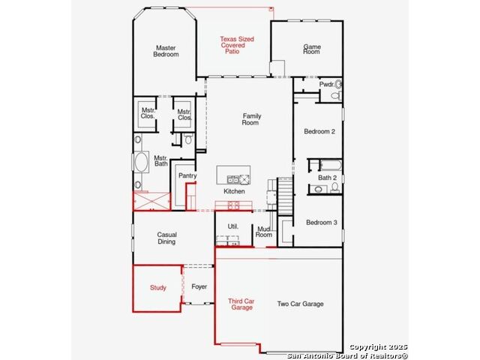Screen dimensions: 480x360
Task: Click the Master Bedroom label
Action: click(x=166, y=51)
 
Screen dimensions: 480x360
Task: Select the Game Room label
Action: click(x=312, y=49)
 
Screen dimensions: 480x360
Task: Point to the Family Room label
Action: click(x=251, y=119)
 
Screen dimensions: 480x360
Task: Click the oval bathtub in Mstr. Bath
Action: click(x=142, y=162)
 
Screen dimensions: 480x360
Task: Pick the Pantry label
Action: click(x=187, y=175)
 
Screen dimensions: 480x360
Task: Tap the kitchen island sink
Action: click(x=233, y=179)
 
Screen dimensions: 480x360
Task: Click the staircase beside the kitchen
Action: click(x=285, y=196)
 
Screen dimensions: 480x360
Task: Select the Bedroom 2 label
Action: click(x=319, y=131)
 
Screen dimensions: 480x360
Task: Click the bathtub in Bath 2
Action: click(x=331, y=165)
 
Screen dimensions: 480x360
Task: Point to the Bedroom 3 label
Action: click(x=322, y=223)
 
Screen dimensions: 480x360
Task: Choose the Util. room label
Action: click(x=233, y=226)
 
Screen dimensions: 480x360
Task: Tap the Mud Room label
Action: click(x=264, y=232)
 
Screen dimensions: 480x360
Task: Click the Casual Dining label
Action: click(x=166, y=238)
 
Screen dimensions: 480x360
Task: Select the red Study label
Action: click(x=158, y=287)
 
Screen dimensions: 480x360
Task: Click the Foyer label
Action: click(x=199, y=286)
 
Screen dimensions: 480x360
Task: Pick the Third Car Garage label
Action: click(x=241, y=304)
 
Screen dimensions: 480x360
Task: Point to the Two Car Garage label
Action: click(x=300, y=304)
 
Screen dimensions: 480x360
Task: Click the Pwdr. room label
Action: click(x=327, y=85)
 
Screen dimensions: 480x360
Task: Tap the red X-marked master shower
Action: click(x=151, y=201)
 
